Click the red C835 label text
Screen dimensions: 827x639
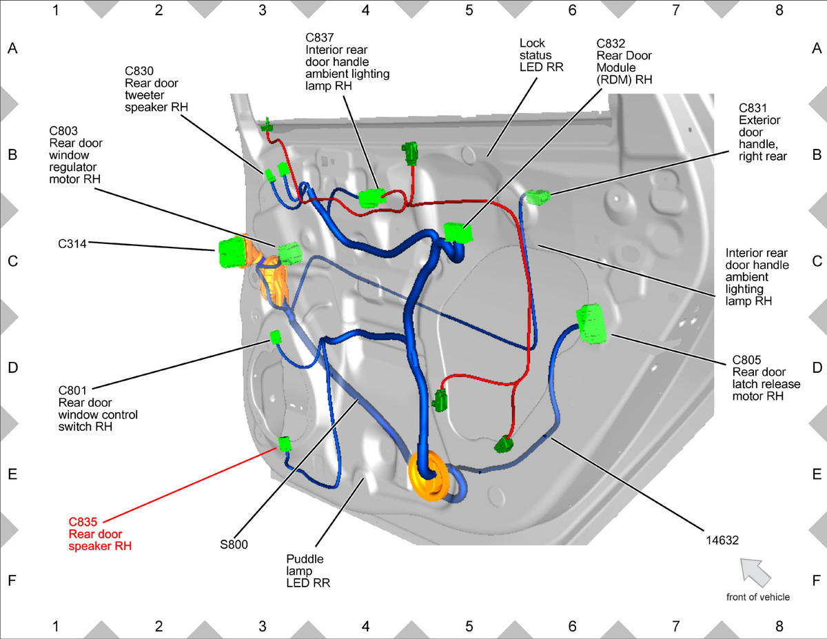pos(83,522)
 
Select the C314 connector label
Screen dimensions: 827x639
pos(72,243)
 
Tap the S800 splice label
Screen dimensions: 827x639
pos(234,545)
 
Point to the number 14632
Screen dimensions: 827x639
pos(722,540)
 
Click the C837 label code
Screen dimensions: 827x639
pos(320,38)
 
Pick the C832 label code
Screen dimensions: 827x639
pos(611,43)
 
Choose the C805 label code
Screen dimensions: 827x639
pos(746,360)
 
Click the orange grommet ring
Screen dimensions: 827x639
pos(429,476)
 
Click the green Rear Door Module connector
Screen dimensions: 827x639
pos(458,232)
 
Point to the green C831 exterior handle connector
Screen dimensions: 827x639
pos(538,197)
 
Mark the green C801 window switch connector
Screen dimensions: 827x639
pos(276,337)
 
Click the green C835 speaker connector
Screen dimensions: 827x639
pos(285,444)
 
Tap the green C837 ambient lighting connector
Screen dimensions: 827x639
pos(372,199)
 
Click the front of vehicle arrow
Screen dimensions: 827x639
pos(755,572)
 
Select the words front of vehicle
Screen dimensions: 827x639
pos(757,597)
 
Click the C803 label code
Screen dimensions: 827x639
pos(63,131)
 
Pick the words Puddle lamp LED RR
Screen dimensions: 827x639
pos(308,571)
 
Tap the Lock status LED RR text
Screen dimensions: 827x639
pos(541,55)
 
